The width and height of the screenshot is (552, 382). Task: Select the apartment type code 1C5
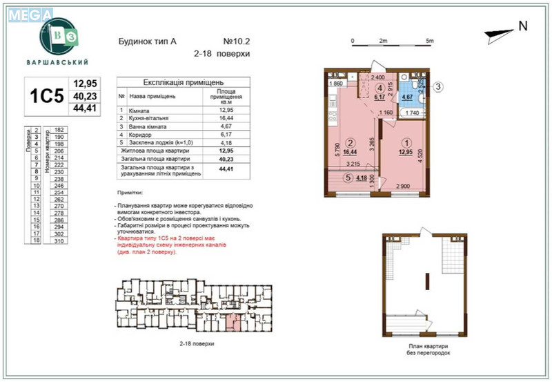pos(46,97)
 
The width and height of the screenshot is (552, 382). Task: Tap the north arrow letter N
pos(522,26)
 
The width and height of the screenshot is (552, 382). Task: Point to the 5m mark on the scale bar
pos(429,41)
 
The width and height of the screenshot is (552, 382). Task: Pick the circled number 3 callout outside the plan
pos(437,87)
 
